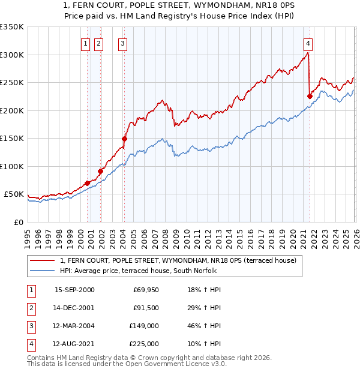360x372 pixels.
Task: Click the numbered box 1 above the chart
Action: click(x=85, y=43)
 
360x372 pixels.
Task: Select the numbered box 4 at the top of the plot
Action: click(x=307, y=43)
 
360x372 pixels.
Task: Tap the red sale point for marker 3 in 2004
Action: click(x=124, y=139)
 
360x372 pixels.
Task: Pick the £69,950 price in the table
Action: click(x=146, y=290)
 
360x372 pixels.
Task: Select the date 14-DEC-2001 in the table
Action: click(x=74, y=308)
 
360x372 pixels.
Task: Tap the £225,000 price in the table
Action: click(x=143, y=344)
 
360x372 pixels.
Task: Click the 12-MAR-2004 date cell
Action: click(x=74, y=326)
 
